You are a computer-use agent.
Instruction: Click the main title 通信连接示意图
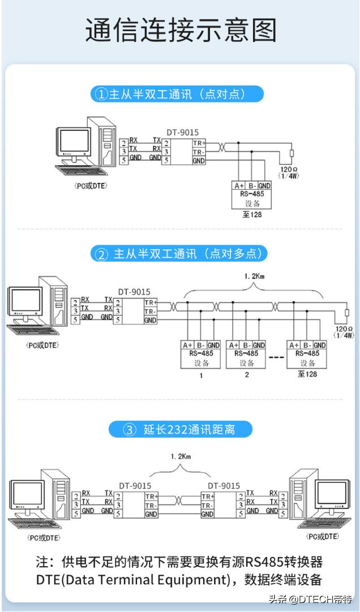pyautogui.click(x=181, y=31)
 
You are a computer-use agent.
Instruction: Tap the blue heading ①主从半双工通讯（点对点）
pyautogui.click(x=177, y=94)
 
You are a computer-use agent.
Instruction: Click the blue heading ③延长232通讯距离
pyautogui.click(x=180, y=430)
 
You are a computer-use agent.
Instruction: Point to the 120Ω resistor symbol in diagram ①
pyautogui.click(x=292, y=155)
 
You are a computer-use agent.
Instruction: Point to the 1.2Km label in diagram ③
pyautogui.click(x=181, y=456)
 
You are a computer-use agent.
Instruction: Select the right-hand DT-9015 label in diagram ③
pyautogui.click(x=224, y=486)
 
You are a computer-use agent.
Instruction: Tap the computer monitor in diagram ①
pyautogui.click(x=72, y=140)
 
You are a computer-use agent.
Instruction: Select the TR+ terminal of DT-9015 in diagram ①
pyautogui.click(x=199, y=143)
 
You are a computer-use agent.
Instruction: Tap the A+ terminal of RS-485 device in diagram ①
pyautogui.click(x=239, y=186)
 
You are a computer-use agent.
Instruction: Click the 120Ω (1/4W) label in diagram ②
pyautogui.click(x=344, y=332)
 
